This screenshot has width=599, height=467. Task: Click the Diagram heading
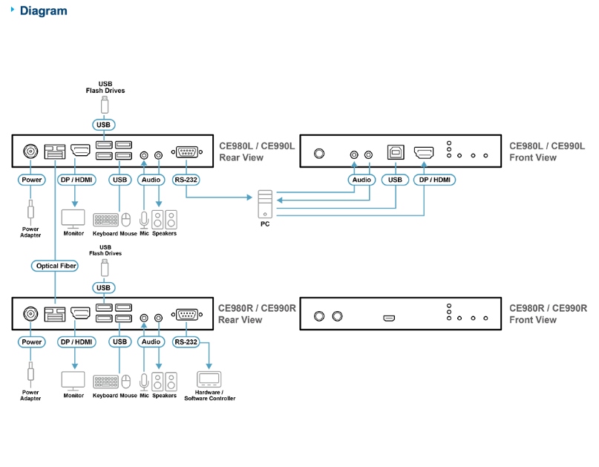43,11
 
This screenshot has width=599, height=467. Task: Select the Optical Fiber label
56,266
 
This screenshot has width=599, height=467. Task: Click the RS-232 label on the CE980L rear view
186,180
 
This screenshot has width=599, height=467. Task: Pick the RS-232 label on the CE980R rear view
186,342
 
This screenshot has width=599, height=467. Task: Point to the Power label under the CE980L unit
32,180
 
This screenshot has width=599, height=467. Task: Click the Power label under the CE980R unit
32,342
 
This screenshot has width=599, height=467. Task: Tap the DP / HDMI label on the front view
434,180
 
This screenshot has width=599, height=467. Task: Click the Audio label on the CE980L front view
361,180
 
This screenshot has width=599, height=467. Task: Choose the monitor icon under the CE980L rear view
73,219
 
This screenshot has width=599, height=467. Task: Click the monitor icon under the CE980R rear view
73,382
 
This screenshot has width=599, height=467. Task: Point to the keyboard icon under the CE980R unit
105,382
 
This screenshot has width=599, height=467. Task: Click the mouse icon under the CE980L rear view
126,220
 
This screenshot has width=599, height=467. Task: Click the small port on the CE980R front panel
389,318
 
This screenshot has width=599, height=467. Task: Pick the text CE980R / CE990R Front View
548,314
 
